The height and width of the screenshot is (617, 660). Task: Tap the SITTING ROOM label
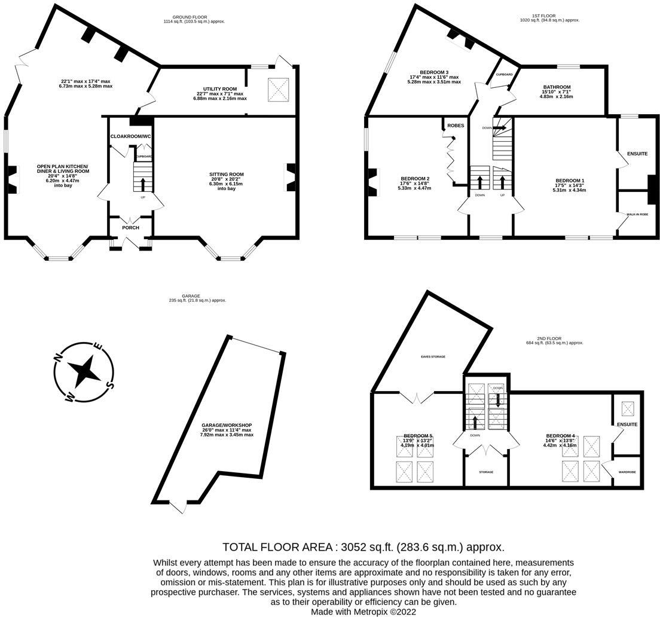pos(227,175)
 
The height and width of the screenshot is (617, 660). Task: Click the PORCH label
pos(130,228)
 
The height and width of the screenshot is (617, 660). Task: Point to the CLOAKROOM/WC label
pos(131,136)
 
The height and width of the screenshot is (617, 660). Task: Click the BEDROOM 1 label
pos(570,181)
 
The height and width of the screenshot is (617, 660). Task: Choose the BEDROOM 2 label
pos(415,178)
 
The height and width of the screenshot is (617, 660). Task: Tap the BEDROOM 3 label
pos(434,72)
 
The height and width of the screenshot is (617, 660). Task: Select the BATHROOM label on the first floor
pos(557,87)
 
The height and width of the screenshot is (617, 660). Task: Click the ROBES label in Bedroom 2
pos(456,126)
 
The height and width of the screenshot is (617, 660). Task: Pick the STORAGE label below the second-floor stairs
pos(486,472)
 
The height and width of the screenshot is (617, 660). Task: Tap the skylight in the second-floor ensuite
pos(628,409)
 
